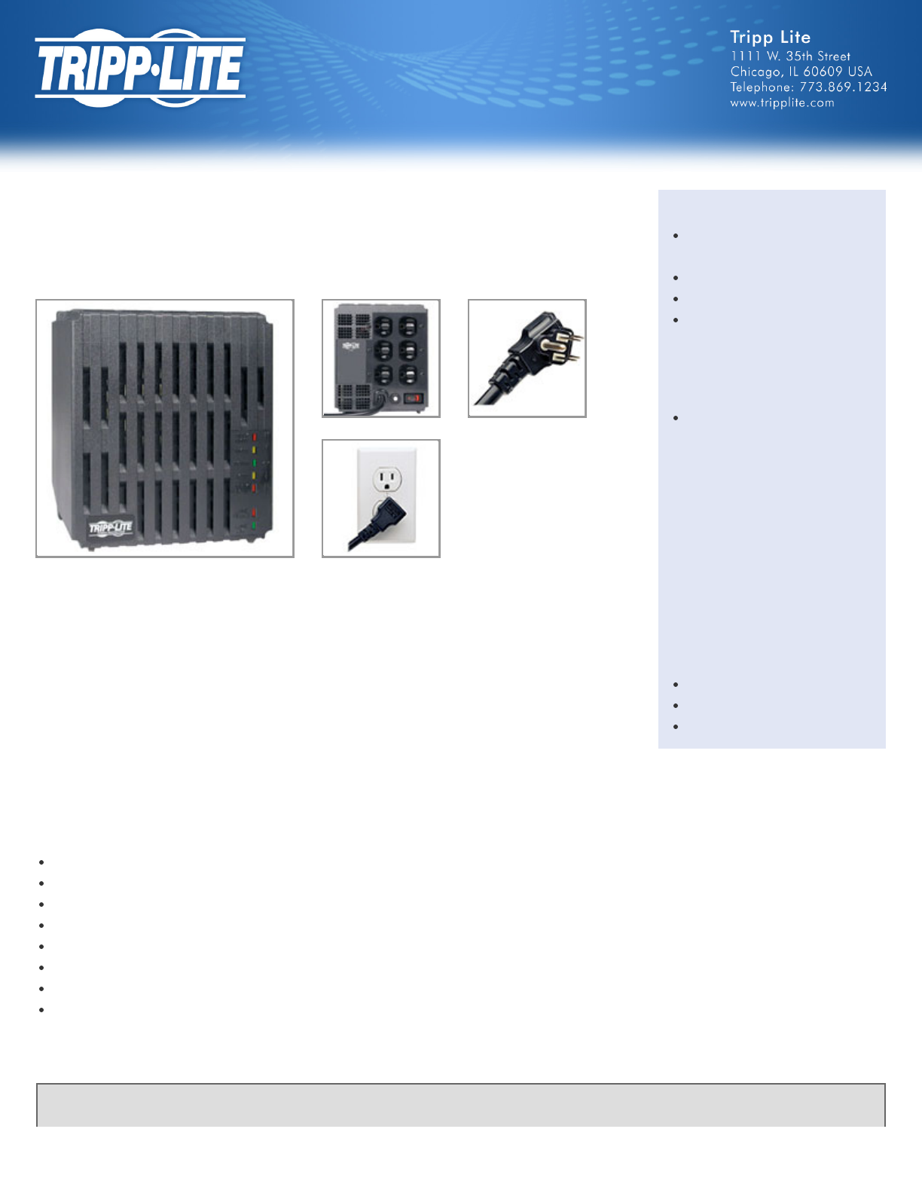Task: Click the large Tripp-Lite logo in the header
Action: coord(140,68)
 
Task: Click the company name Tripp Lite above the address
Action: coord(770,38)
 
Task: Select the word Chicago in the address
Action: coord(755,72)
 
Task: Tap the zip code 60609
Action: coord(823,72)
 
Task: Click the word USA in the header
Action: coord(859,72)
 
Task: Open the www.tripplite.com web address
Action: coord(782,103)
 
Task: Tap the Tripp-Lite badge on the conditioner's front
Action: coord(111,527)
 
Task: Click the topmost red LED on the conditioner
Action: coord(255,437)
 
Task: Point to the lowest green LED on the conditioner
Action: coord(254,526)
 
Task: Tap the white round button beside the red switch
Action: coord(395,398)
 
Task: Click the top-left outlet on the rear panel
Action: coord(383,326)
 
